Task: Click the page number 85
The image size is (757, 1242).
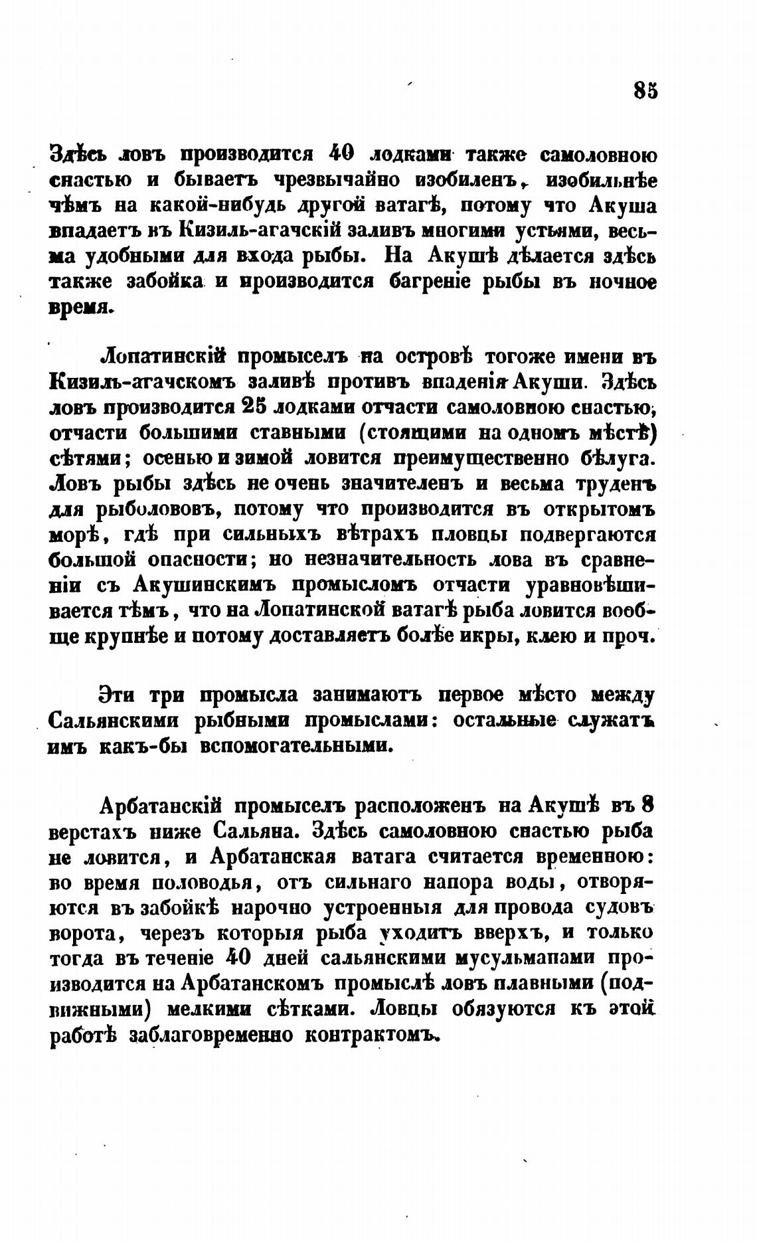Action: click(x=645, y=90)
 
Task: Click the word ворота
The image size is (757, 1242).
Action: click(x=87, y=934)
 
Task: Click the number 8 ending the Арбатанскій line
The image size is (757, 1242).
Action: click(x=648, y=805)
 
